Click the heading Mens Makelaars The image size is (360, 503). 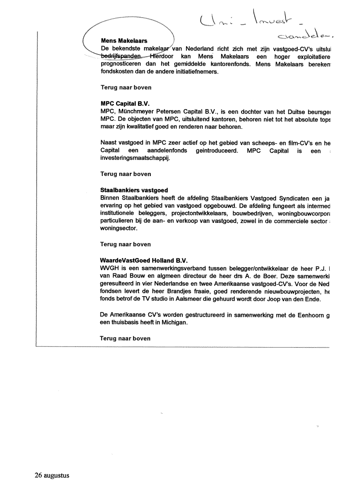coord(124,41)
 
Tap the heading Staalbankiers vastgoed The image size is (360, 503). coord(134,190)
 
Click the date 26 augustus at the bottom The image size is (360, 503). coord(52,476)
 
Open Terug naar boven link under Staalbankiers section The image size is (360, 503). coord(125,244)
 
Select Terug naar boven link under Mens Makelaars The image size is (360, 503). coord(125,87)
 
